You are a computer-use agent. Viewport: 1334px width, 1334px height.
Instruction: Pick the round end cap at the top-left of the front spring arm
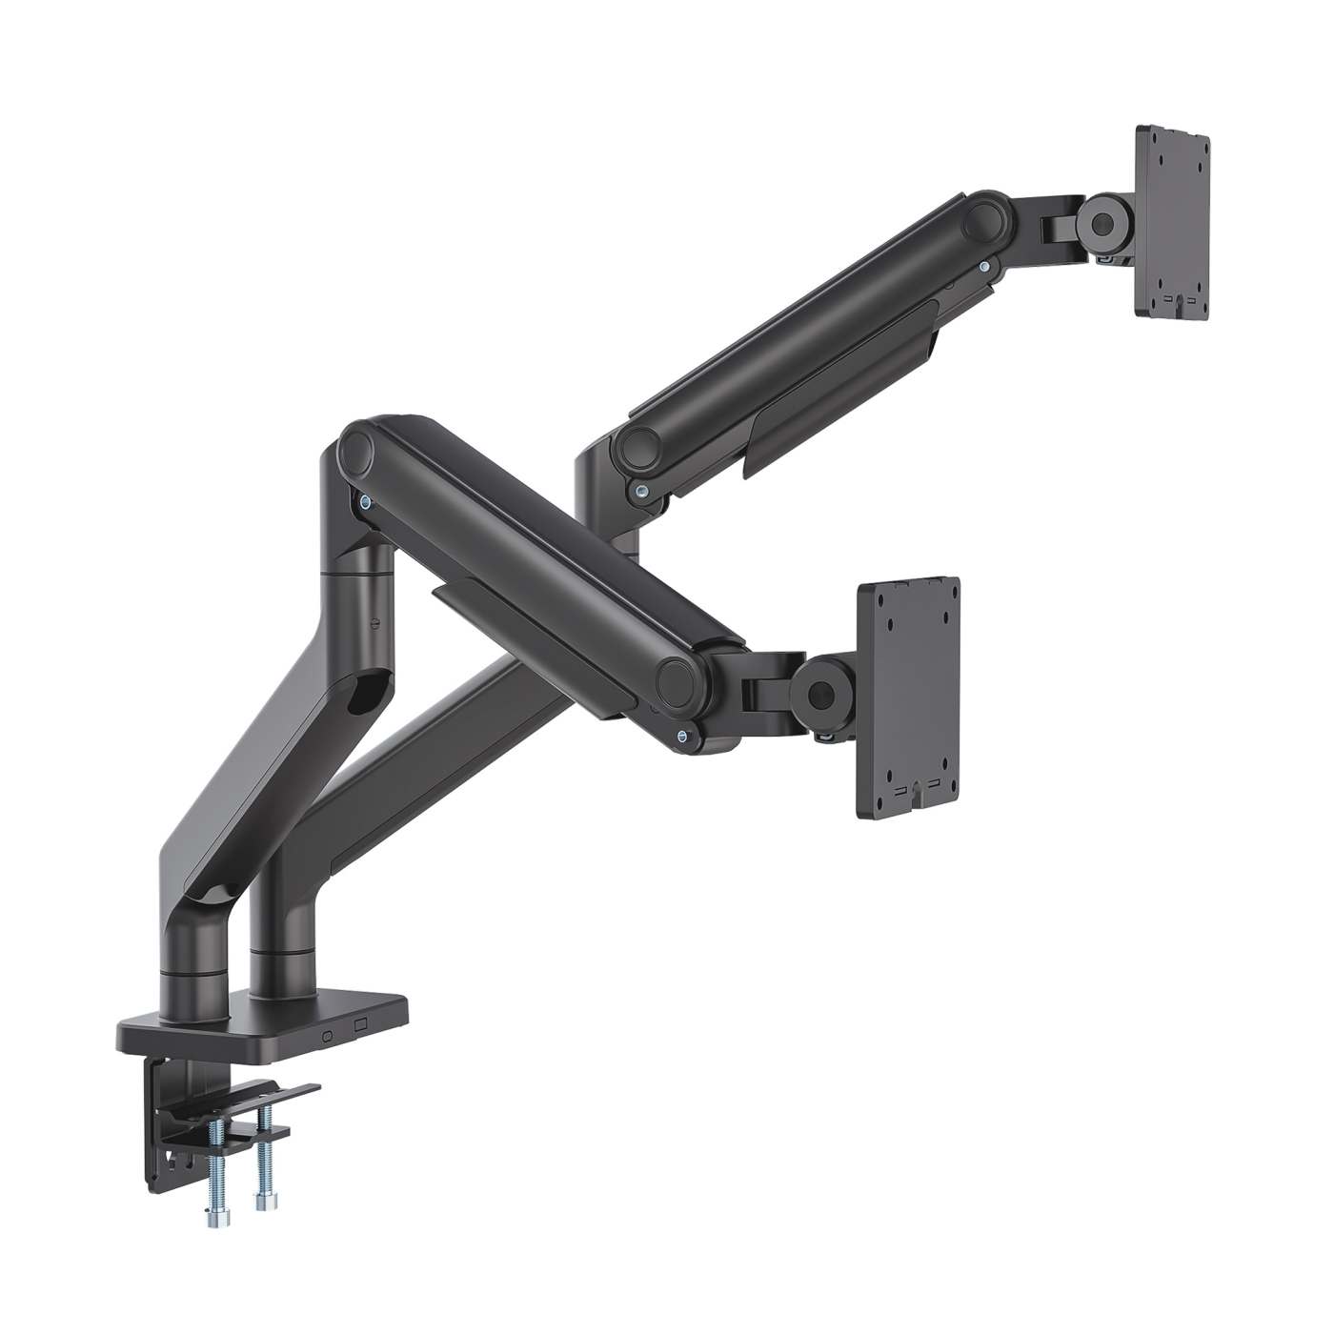click(x=360, y=448)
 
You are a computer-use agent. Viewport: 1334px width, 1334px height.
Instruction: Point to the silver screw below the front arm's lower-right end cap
click(x=682, y=735)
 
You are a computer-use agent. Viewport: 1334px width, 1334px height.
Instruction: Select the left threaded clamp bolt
click(x=214, y=1173)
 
